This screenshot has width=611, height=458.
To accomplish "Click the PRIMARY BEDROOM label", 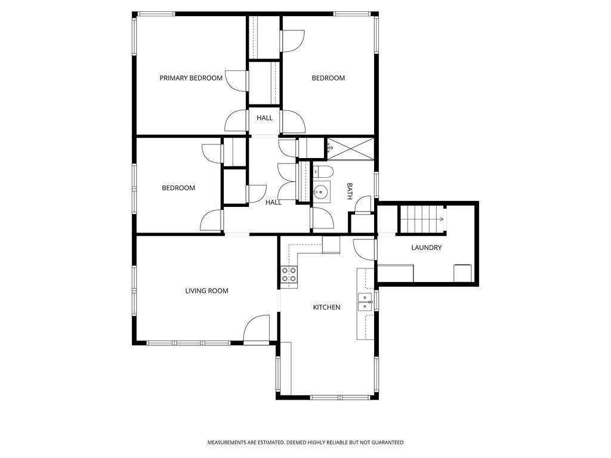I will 190,78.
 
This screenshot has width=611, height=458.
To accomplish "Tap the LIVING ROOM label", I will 206,291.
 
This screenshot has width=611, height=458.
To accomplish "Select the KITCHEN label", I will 326,307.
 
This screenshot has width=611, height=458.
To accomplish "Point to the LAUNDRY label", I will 426,247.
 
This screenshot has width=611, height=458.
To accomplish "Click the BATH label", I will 350,191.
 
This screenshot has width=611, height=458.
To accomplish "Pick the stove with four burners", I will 289,275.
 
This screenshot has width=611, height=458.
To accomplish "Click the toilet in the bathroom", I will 323,172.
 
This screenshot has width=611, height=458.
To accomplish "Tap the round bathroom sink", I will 321,191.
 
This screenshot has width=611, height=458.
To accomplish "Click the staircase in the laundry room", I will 422,218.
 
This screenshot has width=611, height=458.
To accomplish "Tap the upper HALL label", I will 265,118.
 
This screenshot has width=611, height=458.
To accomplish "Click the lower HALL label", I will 273,202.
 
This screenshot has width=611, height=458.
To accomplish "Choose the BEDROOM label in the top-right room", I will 328,78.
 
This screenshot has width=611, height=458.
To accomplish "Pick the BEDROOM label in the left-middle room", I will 178,188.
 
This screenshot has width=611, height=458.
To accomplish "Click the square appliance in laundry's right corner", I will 462,273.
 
